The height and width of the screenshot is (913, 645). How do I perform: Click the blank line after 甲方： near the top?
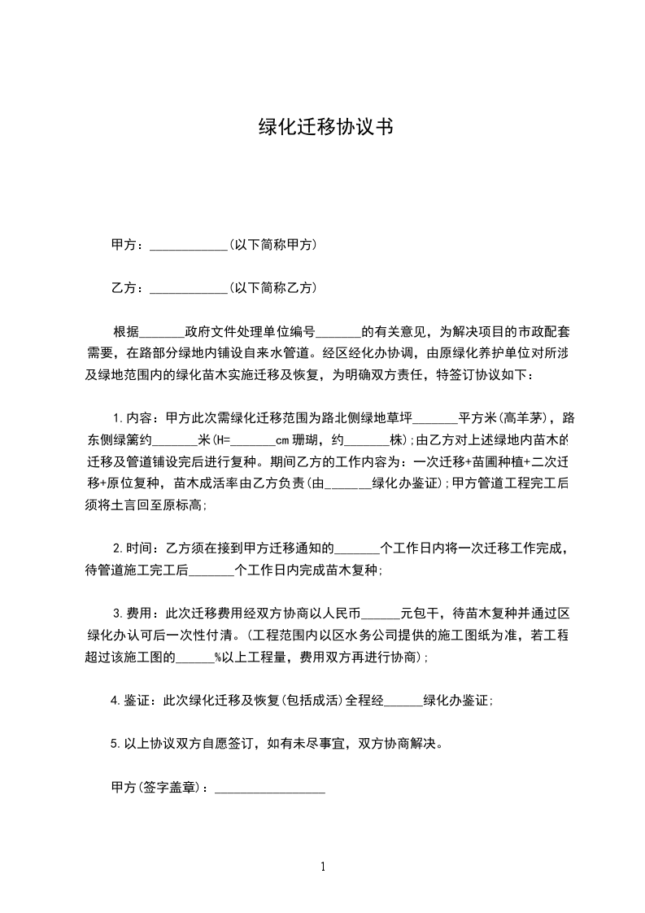pos(190,245)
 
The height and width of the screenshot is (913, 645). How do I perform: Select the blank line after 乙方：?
pos(190,288)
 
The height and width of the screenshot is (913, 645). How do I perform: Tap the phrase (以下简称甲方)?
pos(272,245)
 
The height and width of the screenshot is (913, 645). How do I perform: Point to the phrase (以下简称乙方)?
pos(272,288)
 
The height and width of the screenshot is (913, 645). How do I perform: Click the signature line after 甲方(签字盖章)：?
pos(269,788)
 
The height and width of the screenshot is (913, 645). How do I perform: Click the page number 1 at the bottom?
pos(323,867)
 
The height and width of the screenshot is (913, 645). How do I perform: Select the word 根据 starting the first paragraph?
pos(126,332)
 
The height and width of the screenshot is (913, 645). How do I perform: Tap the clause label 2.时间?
pos(134,548)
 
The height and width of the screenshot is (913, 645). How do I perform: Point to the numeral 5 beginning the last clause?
pos(114,743)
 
